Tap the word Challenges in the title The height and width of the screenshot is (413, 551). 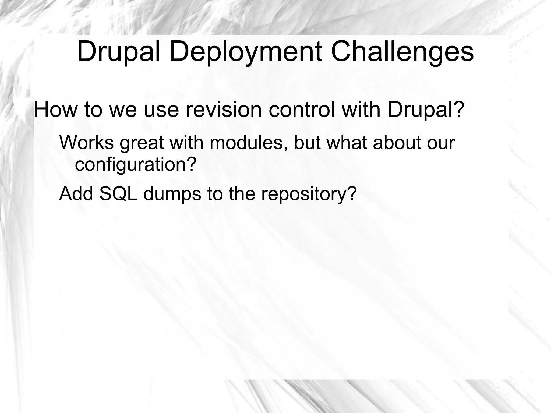[402, 52]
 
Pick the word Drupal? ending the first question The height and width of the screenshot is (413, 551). [426, 110]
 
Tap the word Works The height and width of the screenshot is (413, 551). [86, 143]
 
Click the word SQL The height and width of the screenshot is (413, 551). [118, 194]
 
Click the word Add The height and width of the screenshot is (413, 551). [76, 194]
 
